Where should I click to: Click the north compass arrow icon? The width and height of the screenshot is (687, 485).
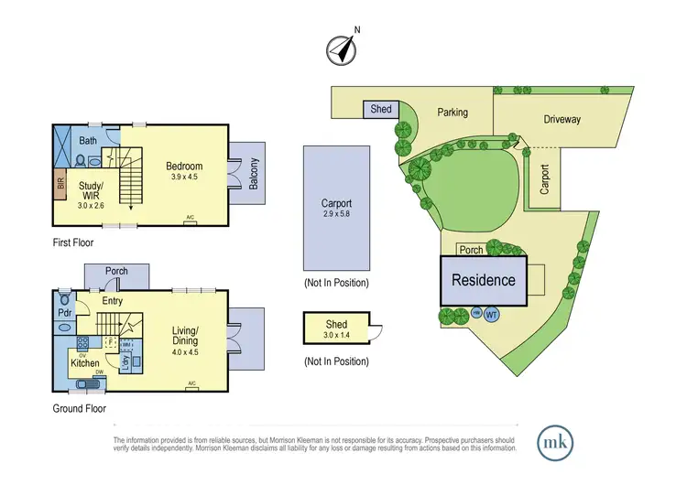click(343, 49)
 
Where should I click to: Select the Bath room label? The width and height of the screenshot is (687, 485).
click(88, 141)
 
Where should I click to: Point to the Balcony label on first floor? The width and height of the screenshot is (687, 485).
click(254, 172)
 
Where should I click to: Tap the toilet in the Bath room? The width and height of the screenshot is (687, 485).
click(80, 161)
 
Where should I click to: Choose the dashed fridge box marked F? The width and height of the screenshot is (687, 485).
click(111, 343)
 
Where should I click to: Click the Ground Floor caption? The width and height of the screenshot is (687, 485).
click(79, 408)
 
